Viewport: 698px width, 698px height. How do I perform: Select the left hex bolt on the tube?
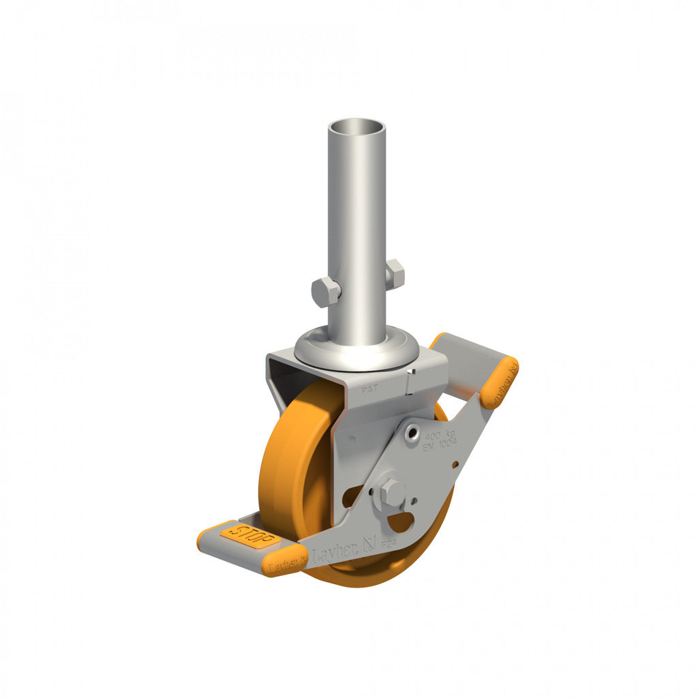(x=326, y=292)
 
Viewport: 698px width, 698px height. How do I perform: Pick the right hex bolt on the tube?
(x=395, y=273)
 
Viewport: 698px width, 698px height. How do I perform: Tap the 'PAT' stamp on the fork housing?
(x=370, y=390)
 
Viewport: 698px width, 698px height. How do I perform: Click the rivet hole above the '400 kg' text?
(x=412, y=434)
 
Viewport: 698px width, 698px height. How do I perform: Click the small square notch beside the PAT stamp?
(x=410, y=373)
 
